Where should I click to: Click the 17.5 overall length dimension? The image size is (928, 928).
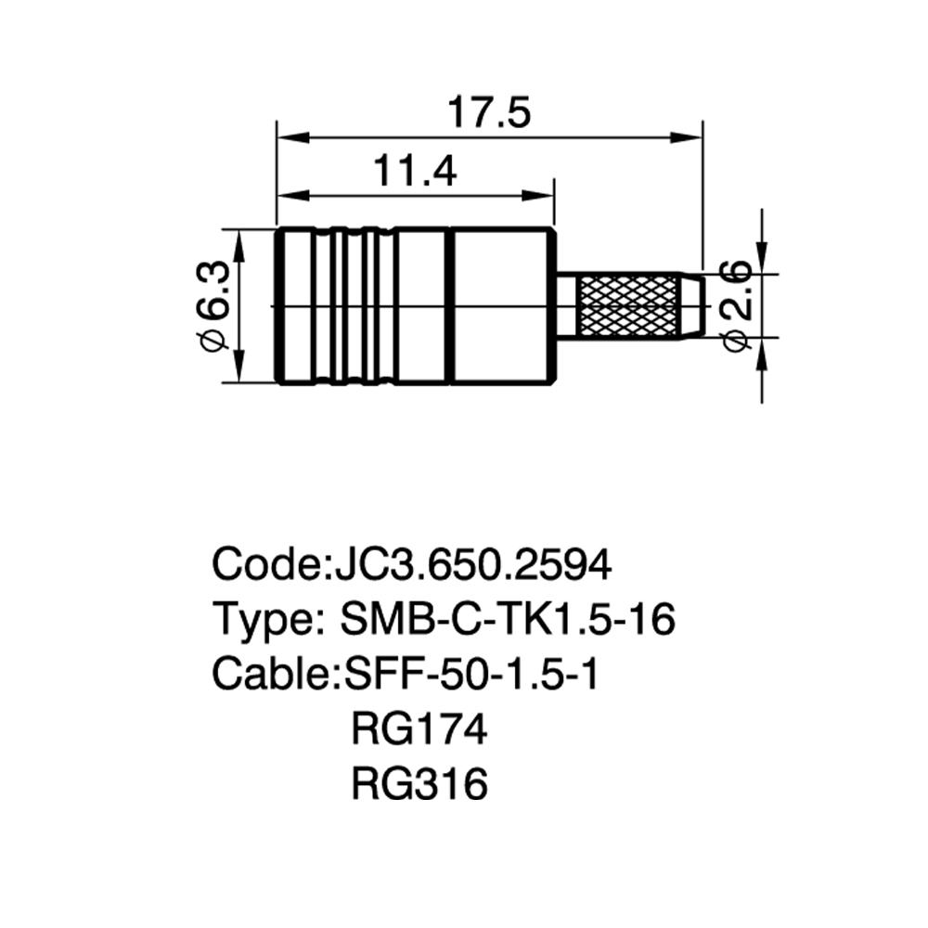coord(489,113)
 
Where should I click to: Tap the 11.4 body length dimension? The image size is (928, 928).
coord(415,171)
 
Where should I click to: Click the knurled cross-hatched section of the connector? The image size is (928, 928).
coord(628,306)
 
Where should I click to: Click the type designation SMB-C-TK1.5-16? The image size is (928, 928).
coord(508,619)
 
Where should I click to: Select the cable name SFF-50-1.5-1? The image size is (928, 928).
coord(472,674)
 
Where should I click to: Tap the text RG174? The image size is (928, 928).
coord(419,728)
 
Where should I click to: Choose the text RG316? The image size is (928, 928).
coord(419,783)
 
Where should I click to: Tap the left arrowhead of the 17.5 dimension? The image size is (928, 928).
coord(293,138)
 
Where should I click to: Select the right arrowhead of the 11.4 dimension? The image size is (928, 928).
coord(537,196)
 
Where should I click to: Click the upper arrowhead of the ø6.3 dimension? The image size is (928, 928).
coord(238,246)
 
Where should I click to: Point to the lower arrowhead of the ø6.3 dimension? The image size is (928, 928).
coord(238,367)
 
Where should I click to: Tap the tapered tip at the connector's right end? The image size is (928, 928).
coord(693,306)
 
